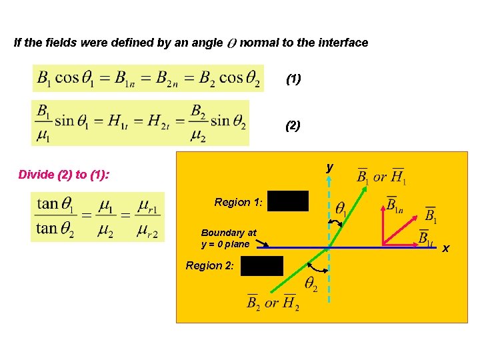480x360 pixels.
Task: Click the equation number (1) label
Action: (x=293, y=79)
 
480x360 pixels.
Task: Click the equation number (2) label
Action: (x=293, y=125)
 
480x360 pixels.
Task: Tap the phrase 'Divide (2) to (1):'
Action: (x=64, y=175)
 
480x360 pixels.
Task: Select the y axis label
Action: (x=329, y=168)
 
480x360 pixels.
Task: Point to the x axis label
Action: (x=446, y=248)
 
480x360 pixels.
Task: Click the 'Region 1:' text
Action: (x=239, y=202)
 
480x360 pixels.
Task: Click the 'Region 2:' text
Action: (x=210, y=265)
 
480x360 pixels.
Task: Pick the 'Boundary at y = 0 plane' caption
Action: (x=229, y=239)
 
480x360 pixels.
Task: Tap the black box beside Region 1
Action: (x=289, y=201)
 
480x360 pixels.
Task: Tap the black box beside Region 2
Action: (x=262, y=266)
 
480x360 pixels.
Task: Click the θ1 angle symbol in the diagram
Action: (x=341, y=209)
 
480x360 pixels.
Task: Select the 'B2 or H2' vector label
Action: (x=272, y=303)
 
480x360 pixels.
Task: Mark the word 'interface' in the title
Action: (x=343, y=43)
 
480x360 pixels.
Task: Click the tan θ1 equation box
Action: (x=97, y=217)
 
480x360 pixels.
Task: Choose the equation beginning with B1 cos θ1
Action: (x=148, y=79)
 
